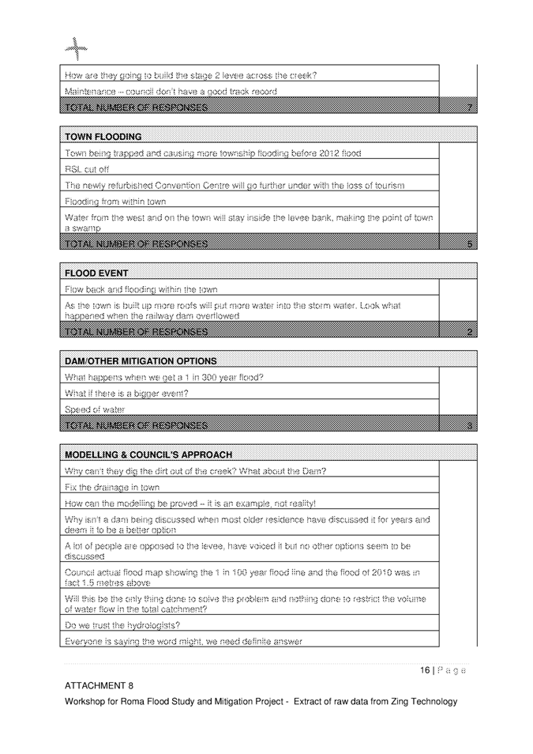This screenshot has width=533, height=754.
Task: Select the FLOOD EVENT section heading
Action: pos(97,273)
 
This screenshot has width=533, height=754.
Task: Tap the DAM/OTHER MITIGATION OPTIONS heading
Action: pos(141,361)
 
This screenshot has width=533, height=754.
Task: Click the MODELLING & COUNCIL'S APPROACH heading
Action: pos(148,455)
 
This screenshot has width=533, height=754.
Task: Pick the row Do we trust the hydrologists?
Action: pos(122,625)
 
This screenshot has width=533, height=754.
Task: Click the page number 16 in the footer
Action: pos(426,670)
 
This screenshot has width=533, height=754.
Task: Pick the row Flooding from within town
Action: pos(115,202)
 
